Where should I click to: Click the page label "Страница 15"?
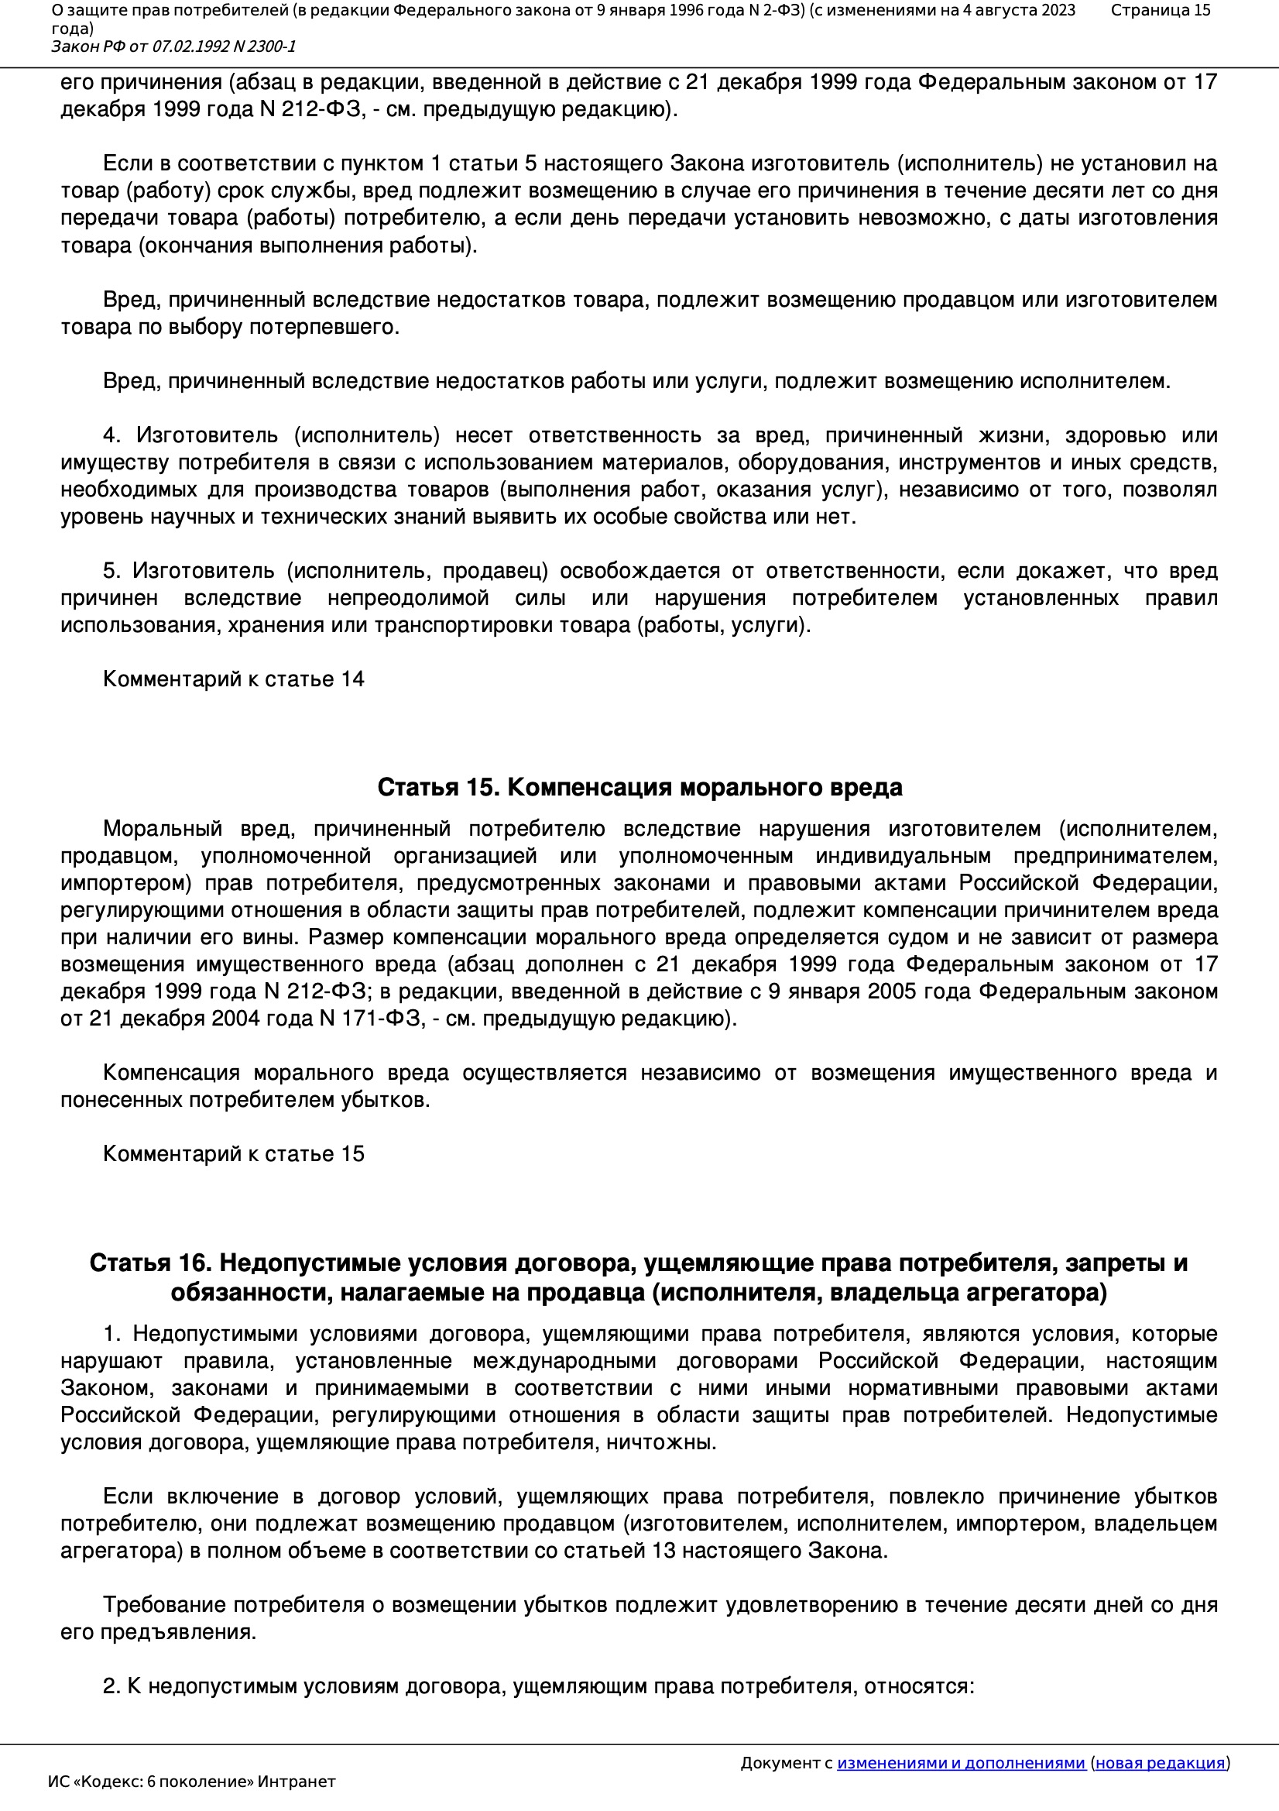pyautogui.click(x=1160, y=10)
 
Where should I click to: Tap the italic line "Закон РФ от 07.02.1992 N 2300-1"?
pyautogui.click(x=173, y=46)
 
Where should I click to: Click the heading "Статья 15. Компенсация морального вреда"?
pyautogui.click(x=639, y=787)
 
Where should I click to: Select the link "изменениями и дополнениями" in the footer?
pyautogui.click(x=961, y=1763)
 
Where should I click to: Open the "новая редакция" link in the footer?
pyautogui.click(x=1160, y=1763)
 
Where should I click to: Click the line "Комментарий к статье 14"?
pyautogui.click(x=233, y=679)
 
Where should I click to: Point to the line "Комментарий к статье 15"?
pyautogui.click(x=233, y=1154)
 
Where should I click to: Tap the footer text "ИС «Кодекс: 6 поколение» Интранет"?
pyautogui.click(x=191, y=1782)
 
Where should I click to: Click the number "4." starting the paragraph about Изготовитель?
pyautogui.click(x=111, y=435)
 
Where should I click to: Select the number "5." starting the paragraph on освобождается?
pyautogui.click(x=111, y=570)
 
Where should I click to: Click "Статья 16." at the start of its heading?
pyautogui.click(x=150, y=1263)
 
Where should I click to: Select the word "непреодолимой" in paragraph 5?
pyautogui.click(x=409, y=598)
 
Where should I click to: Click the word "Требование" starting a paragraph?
pyautogui.click(x=165, y=1605)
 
